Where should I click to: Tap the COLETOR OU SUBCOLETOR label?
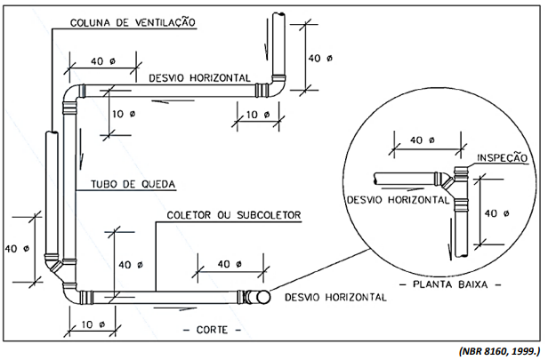point(236,216)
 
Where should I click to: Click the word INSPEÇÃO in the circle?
point(503,157)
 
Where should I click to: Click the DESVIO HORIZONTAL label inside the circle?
point(398,200)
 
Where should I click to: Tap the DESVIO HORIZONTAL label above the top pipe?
point(199,77)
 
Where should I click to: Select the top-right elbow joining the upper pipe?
point(275,87)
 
